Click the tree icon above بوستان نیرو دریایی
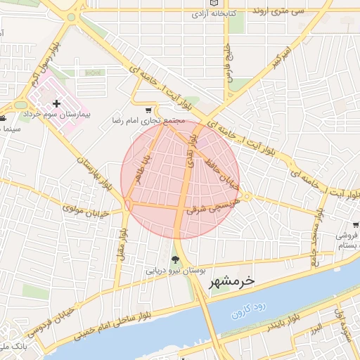point(175,259)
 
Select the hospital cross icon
point(57,103)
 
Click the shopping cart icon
point(148,110)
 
